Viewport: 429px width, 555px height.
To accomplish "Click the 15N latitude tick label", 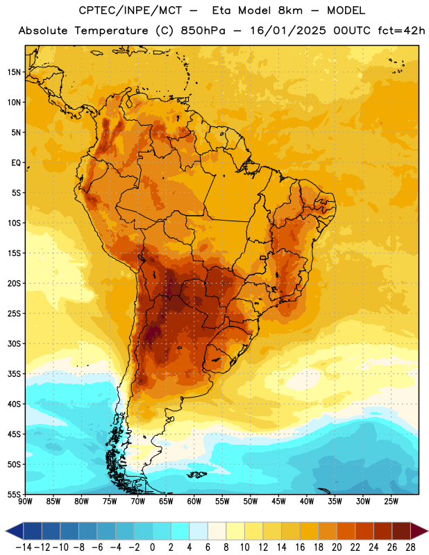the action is [14, 72].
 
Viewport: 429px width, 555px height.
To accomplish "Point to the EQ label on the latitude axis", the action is [16, 163].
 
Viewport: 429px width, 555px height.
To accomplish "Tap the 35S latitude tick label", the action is [14, 374].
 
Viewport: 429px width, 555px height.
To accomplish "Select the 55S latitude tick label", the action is [14, 494].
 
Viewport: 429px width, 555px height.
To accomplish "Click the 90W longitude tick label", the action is [25, 502].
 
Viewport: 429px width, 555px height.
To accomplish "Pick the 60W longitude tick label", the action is [194, 502].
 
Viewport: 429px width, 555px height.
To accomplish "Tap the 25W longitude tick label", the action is [391, 502].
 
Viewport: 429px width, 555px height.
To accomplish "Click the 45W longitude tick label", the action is [278, 502].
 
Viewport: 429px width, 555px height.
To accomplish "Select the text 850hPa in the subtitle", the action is [203, 31].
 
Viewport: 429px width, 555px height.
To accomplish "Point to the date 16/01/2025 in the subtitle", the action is [287, 31].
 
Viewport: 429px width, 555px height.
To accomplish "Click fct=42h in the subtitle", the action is [401, 31].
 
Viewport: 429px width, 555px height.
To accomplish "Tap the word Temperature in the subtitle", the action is [111, 31].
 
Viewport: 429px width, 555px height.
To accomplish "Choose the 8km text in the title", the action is [290, 10].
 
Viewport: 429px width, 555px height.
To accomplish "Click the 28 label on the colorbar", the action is [410, 547].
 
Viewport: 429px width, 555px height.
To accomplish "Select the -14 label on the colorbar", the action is [24, 547].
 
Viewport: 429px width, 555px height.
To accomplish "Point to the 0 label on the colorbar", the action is [152, 547].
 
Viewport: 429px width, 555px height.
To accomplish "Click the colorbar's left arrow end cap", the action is [15, 531].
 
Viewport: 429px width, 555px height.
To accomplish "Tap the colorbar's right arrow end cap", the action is [419, 531].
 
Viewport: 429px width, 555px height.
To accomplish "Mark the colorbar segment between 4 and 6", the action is [199, 531].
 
